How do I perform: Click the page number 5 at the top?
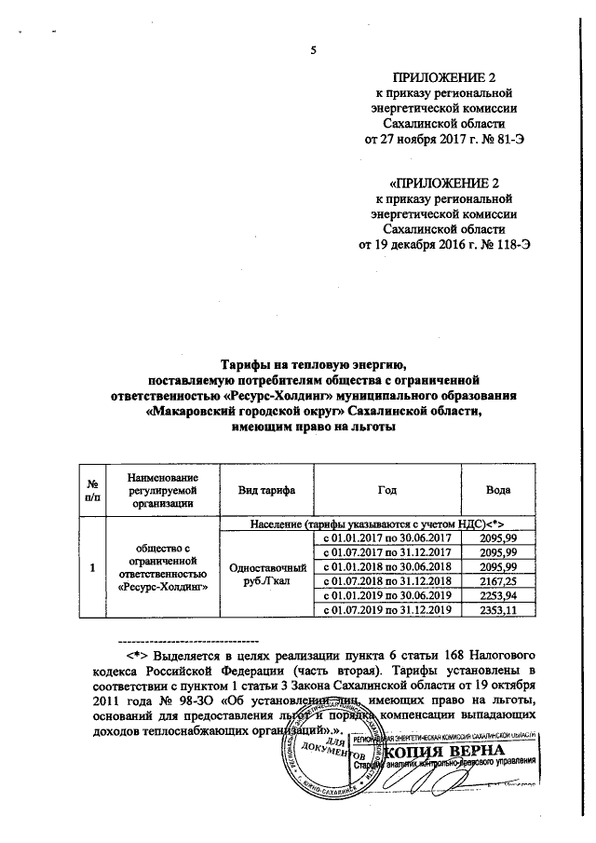pos(313,51)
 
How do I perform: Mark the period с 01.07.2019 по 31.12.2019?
pos(386,610)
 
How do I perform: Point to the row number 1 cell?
pos(92,566)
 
